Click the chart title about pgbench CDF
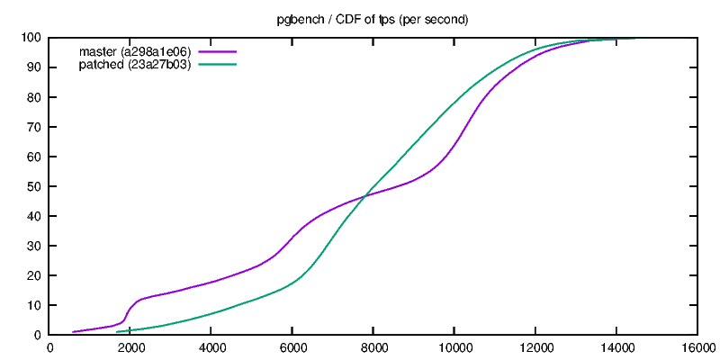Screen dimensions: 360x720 click(372, 19)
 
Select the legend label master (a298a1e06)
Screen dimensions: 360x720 click(135, 51)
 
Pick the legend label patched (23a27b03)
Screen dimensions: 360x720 click(135, 64)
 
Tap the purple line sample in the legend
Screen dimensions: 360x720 click(217, 51)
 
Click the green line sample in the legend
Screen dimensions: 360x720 click(217, 64)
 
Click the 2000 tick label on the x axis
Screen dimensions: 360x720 click(130, 348)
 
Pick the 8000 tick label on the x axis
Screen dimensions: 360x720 click(373, 348)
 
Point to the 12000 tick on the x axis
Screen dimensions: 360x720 click(535, 348)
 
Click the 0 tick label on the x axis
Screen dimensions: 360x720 click(49, 348)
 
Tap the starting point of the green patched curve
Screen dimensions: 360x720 click(116, 331)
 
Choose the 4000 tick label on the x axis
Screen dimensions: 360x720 click(211, 348)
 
